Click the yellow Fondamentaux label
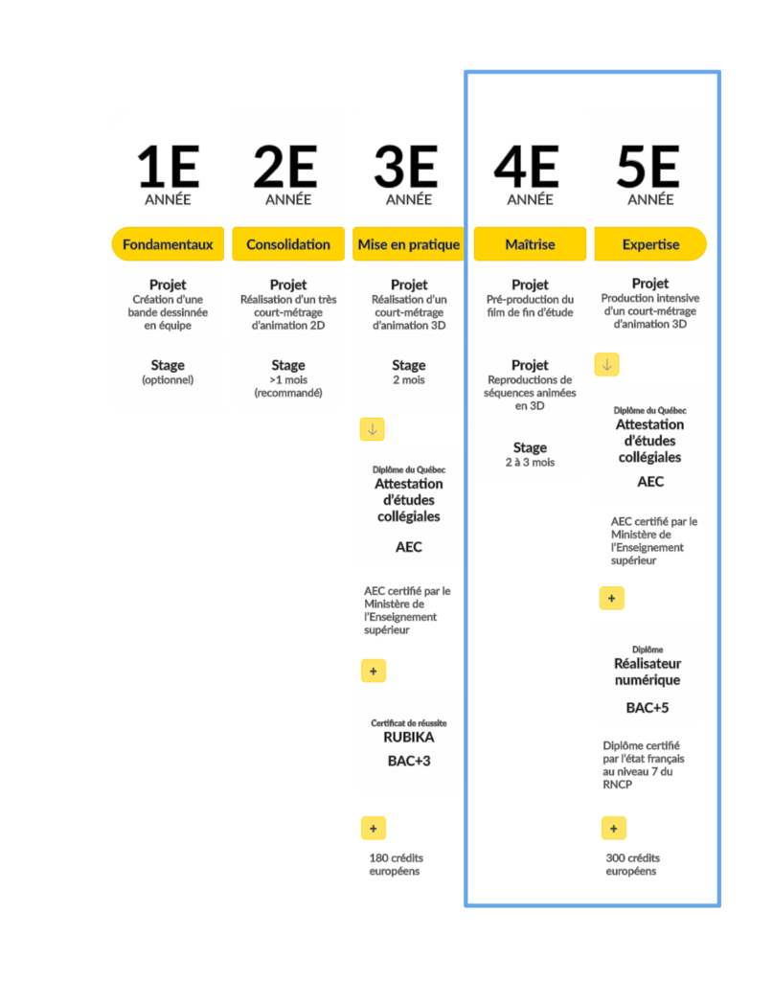(x=168, y=244)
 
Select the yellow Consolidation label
(x=288, y=244)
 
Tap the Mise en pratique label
(x=408, y=244)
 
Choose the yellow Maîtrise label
(x=530, y=244)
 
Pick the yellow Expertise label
(x=650, y=244)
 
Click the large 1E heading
(x=168, y=167)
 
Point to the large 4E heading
(x=526, y=167)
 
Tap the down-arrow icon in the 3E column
(x=372, y=429)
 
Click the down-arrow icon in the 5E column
(x=606, y=364)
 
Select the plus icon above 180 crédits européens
(x=374, y=829)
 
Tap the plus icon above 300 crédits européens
(x=614, y=829)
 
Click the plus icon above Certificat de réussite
(x=374, y=671)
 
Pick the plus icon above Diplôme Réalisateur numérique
(x=612, y=598)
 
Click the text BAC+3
(x=409, y=761)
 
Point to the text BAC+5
(x=648, y=708)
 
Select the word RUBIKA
(x=409, y=737)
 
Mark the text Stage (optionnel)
(x=168, y=372)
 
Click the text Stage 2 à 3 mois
(x=530, y=454)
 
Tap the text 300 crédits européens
(x=633, y=864)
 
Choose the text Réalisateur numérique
(x=648, y=672)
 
